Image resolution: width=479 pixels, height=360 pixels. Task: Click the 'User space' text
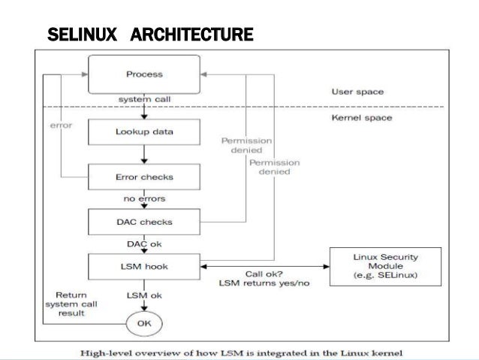[357, 92]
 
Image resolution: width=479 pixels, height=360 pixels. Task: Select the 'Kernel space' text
[360, 118]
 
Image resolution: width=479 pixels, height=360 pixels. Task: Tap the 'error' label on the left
[62, 125]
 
